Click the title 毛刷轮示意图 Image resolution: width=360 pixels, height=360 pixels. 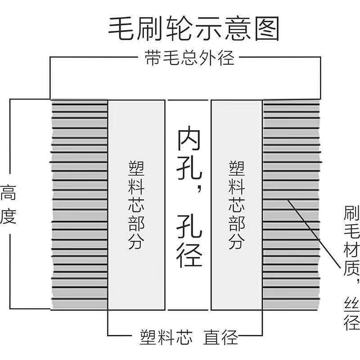[x=193, y=29]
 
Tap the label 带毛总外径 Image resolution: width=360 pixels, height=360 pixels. [x=189, y=58]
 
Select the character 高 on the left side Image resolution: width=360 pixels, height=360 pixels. [x=8, y=193]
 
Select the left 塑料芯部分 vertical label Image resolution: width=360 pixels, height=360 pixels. [x=136, y=205]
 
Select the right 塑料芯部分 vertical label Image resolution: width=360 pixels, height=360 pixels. [x=237, y=205]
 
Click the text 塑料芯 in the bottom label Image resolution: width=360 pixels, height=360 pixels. [x=166, y=337]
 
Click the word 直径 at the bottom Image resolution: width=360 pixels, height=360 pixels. [x=220, y=337]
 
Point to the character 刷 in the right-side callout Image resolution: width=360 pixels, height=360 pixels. [x=352, y=213]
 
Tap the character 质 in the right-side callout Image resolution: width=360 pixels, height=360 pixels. [x=352, y=267]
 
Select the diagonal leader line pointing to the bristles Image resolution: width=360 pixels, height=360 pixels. [x=314, y=234]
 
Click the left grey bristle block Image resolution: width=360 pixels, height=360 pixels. [x=79, y=204]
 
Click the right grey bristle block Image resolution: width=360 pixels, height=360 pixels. [x=291, y=204]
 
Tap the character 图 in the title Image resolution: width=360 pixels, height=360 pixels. [x=267, y=29]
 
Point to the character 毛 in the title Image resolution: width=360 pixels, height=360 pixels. [x=121, y=29]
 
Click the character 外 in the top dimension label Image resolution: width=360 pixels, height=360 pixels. [x=207, y=58]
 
